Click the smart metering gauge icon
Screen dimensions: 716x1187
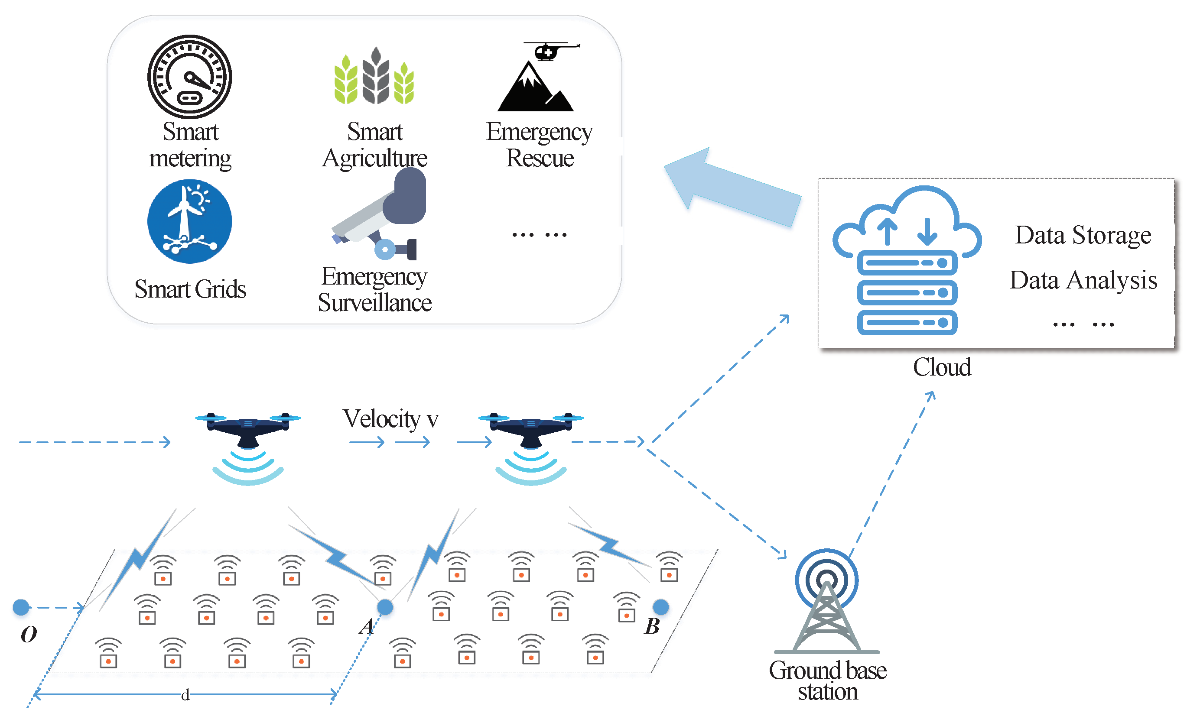(x=189, y=76)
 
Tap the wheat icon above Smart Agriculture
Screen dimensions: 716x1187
(x=375, y=77)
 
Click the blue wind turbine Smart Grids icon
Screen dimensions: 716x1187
(x=189, y=221)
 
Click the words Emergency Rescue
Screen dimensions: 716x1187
(x=540, y=144)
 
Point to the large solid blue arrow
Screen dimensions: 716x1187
(x=732, y=188)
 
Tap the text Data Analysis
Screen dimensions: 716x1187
(x=1083, y=280)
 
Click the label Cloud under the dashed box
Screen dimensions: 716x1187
(x=942, y=367)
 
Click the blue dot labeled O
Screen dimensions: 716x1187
(x=21, y=607)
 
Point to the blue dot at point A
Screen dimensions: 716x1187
(x=385, y=607)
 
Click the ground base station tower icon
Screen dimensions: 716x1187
(x=827, y=602)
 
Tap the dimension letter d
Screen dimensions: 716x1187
(x=185, y=695)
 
